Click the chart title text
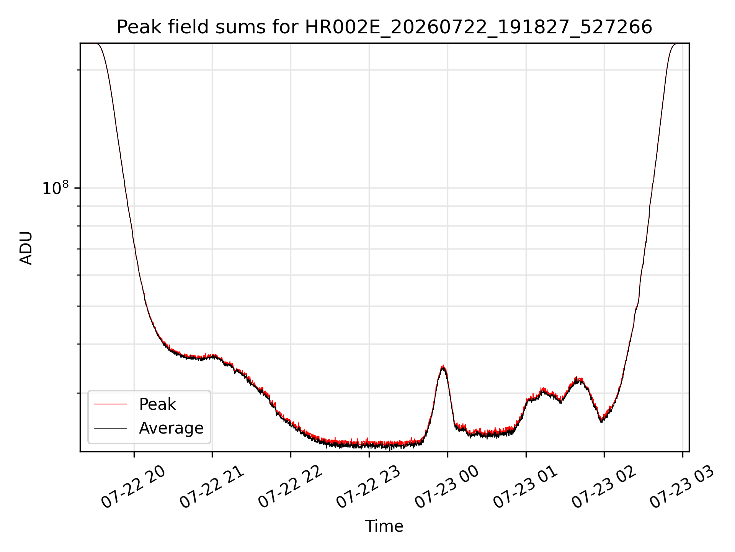(x=384, y=27)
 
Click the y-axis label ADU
(x=26, y=248)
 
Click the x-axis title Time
(x=384, y=526)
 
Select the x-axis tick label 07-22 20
(x=133, y=487)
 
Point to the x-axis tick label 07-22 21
(x=211, y=487)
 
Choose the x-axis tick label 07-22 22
(x=290, y=487)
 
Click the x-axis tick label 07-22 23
(x=368, y=487)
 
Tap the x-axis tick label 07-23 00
(x=447, y=487)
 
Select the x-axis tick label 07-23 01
(x=525, y=487)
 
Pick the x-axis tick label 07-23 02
(x=604, y=487)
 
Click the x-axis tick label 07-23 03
(x=682, y=487)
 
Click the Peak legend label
(x=157, y=404)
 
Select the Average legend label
(x=171, y=428)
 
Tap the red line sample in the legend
(x=110, y=404)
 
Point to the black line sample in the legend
(x=110, y=428)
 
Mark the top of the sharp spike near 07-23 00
(x=443, y=365)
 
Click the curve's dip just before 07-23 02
(x=602, y=421)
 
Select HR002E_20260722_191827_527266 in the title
(x=479, y=28)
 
